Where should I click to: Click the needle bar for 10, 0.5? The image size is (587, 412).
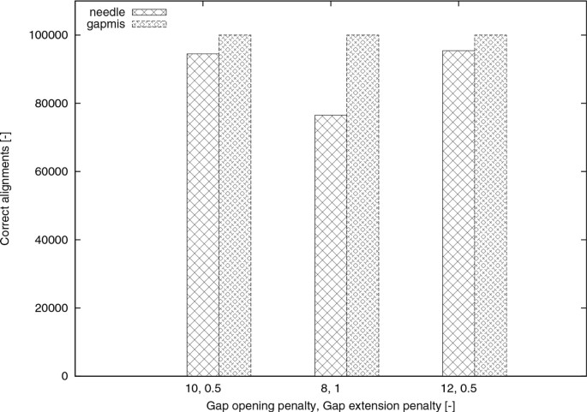pyautogui.click(x=202, y=214)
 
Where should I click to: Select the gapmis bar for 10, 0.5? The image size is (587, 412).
pyautogui.click(x=235, y=206)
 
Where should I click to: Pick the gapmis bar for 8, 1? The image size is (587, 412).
pyautogui.click(x=362, y=206)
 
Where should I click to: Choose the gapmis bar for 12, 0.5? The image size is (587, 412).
pyautogui.click(x=491, y=206)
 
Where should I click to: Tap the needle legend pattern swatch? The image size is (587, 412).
pyautogui.click(x=149, y=14)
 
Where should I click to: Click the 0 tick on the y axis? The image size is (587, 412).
pyautogui.click(x=65, y=376)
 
